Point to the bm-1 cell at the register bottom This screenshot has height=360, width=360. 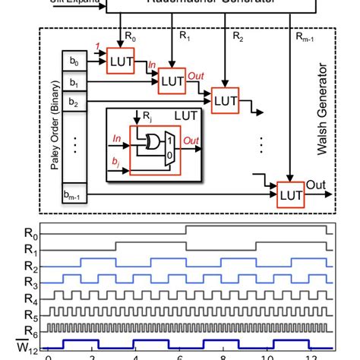coord(74,197)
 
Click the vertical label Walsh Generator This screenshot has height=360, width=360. coord(322,122)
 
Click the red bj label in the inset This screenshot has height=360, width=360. coord(115,163)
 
